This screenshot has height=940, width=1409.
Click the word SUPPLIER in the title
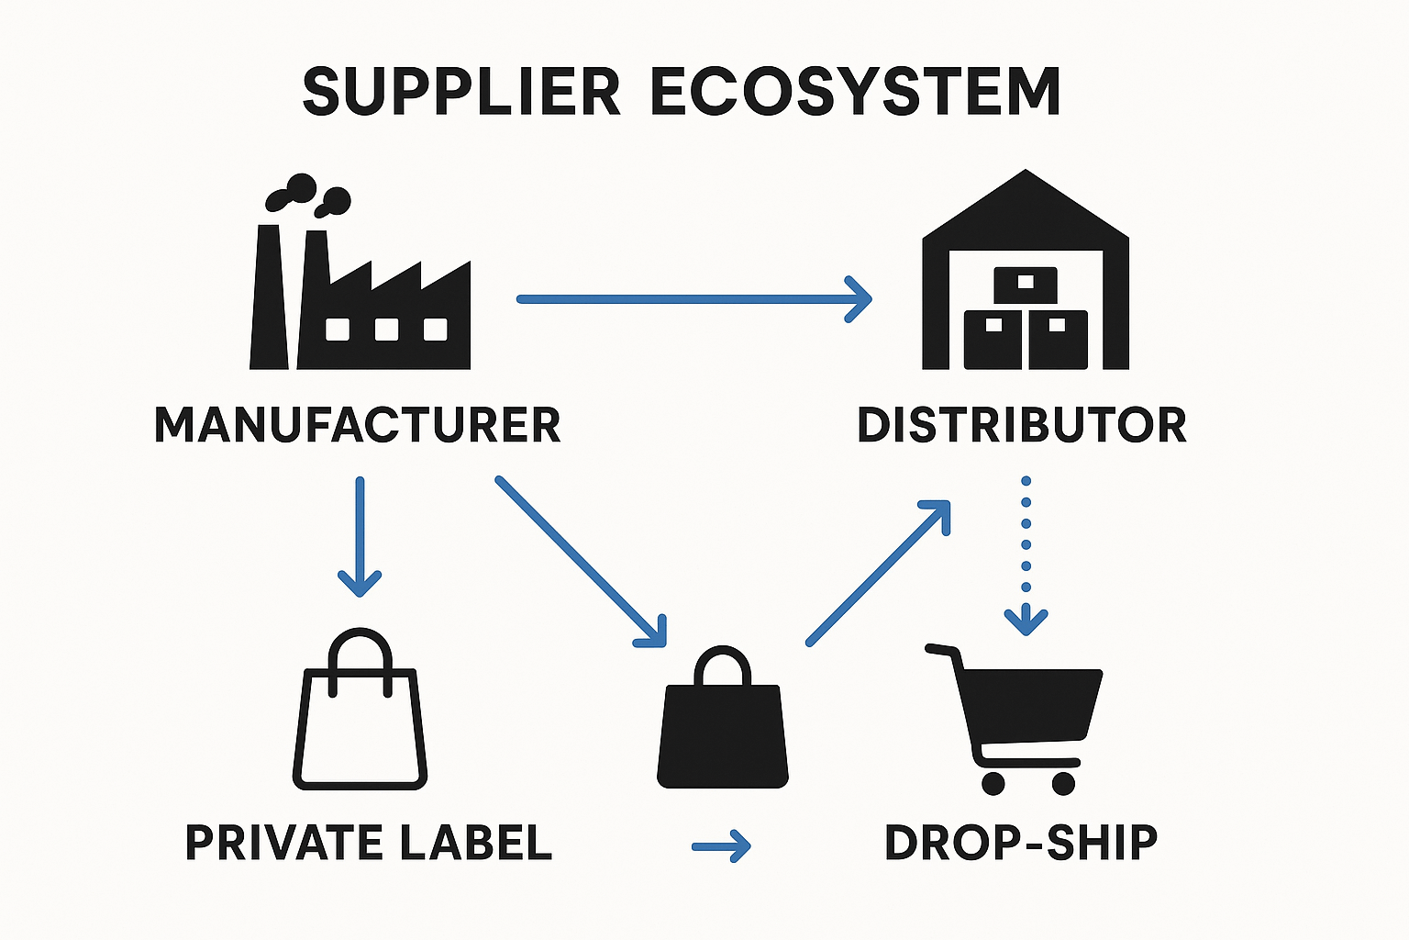(461, 92)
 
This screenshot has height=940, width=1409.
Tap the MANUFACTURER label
(357, 425)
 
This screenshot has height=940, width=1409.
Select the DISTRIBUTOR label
(1021, 425)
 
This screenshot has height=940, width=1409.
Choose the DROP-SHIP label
(1020, 842)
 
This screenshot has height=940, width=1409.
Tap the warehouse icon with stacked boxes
(1025, 275)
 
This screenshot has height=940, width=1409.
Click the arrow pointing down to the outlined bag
(360, 537)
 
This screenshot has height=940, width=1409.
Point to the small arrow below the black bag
(721, 846)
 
